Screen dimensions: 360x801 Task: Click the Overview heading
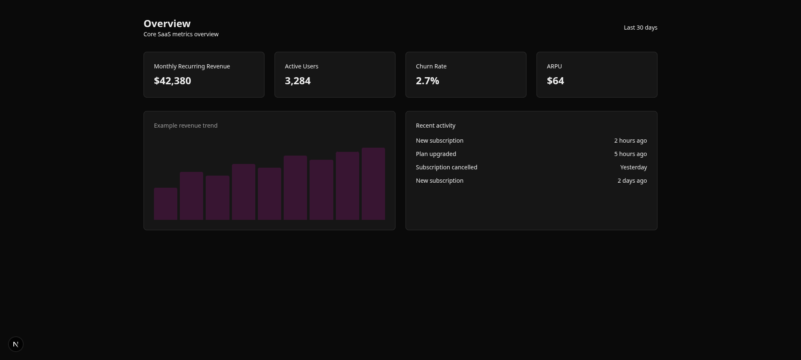click(167, 24)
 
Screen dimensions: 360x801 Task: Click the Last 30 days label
click(640, 28)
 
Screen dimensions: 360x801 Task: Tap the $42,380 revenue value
click(172, 81)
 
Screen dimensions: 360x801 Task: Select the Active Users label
click(301, 66)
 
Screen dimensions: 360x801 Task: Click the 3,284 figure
click(297, 81)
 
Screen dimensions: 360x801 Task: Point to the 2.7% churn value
click(427, 81)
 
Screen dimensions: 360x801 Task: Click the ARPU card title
click(554, 66)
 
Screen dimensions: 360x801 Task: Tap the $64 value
click(555, 81)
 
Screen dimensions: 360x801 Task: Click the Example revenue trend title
click(186, 126)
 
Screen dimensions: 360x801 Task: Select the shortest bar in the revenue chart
click(166, 204)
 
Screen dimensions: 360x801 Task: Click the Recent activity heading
click(436, 126)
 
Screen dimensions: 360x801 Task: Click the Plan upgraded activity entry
click(436, 154)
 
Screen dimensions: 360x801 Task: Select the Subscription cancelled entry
click(446, 167)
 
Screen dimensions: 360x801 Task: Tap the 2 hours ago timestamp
click(630, 141)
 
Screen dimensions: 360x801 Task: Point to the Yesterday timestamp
click(633, 167)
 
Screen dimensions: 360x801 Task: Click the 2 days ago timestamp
click(632, 181)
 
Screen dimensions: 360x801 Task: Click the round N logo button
click(16, 344)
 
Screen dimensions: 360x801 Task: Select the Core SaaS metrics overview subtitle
click(181, 34)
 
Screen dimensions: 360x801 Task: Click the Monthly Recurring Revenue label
click(192, 66)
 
